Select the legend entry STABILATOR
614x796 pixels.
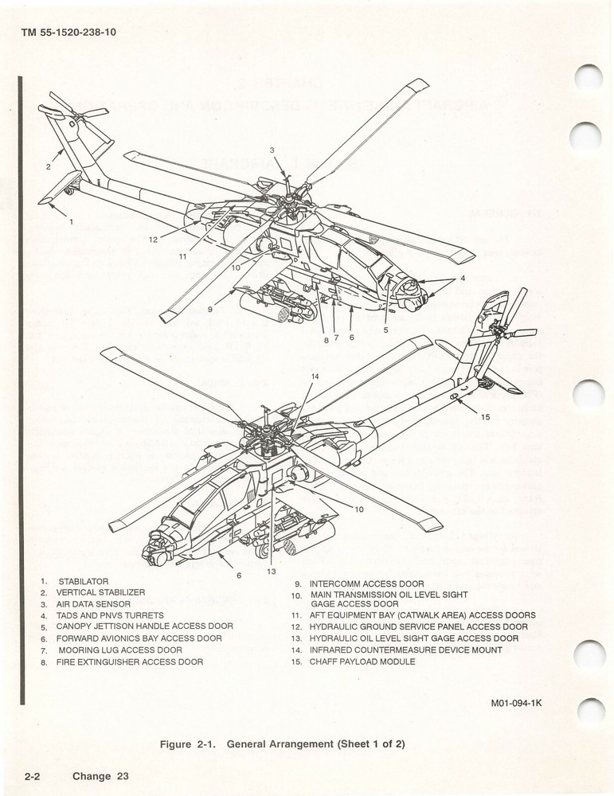(83, 582)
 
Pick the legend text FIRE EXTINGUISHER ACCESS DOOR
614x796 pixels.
(130, 661)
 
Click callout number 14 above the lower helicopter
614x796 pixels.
(315, 376)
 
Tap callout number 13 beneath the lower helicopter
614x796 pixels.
(272, 572)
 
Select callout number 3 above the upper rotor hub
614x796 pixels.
(272, 150)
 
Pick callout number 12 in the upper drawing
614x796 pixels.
(153, 239)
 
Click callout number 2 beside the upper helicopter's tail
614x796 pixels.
(49, 167)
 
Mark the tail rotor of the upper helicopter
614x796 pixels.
(77, 114)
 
